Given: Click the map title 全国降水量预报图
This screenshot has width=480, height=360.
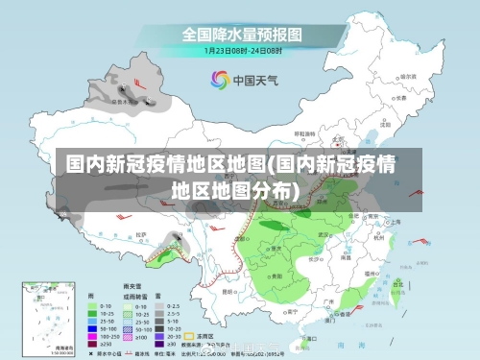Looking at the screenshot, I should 242,34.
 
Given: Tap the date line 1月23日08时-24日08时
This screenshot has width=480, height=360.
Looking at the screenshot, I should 242,49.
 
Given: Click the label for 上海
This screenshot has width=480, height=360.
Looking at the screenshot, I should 394,222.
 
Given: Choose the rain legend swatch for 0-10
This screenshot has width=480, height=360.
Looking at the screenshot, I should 93,306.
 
